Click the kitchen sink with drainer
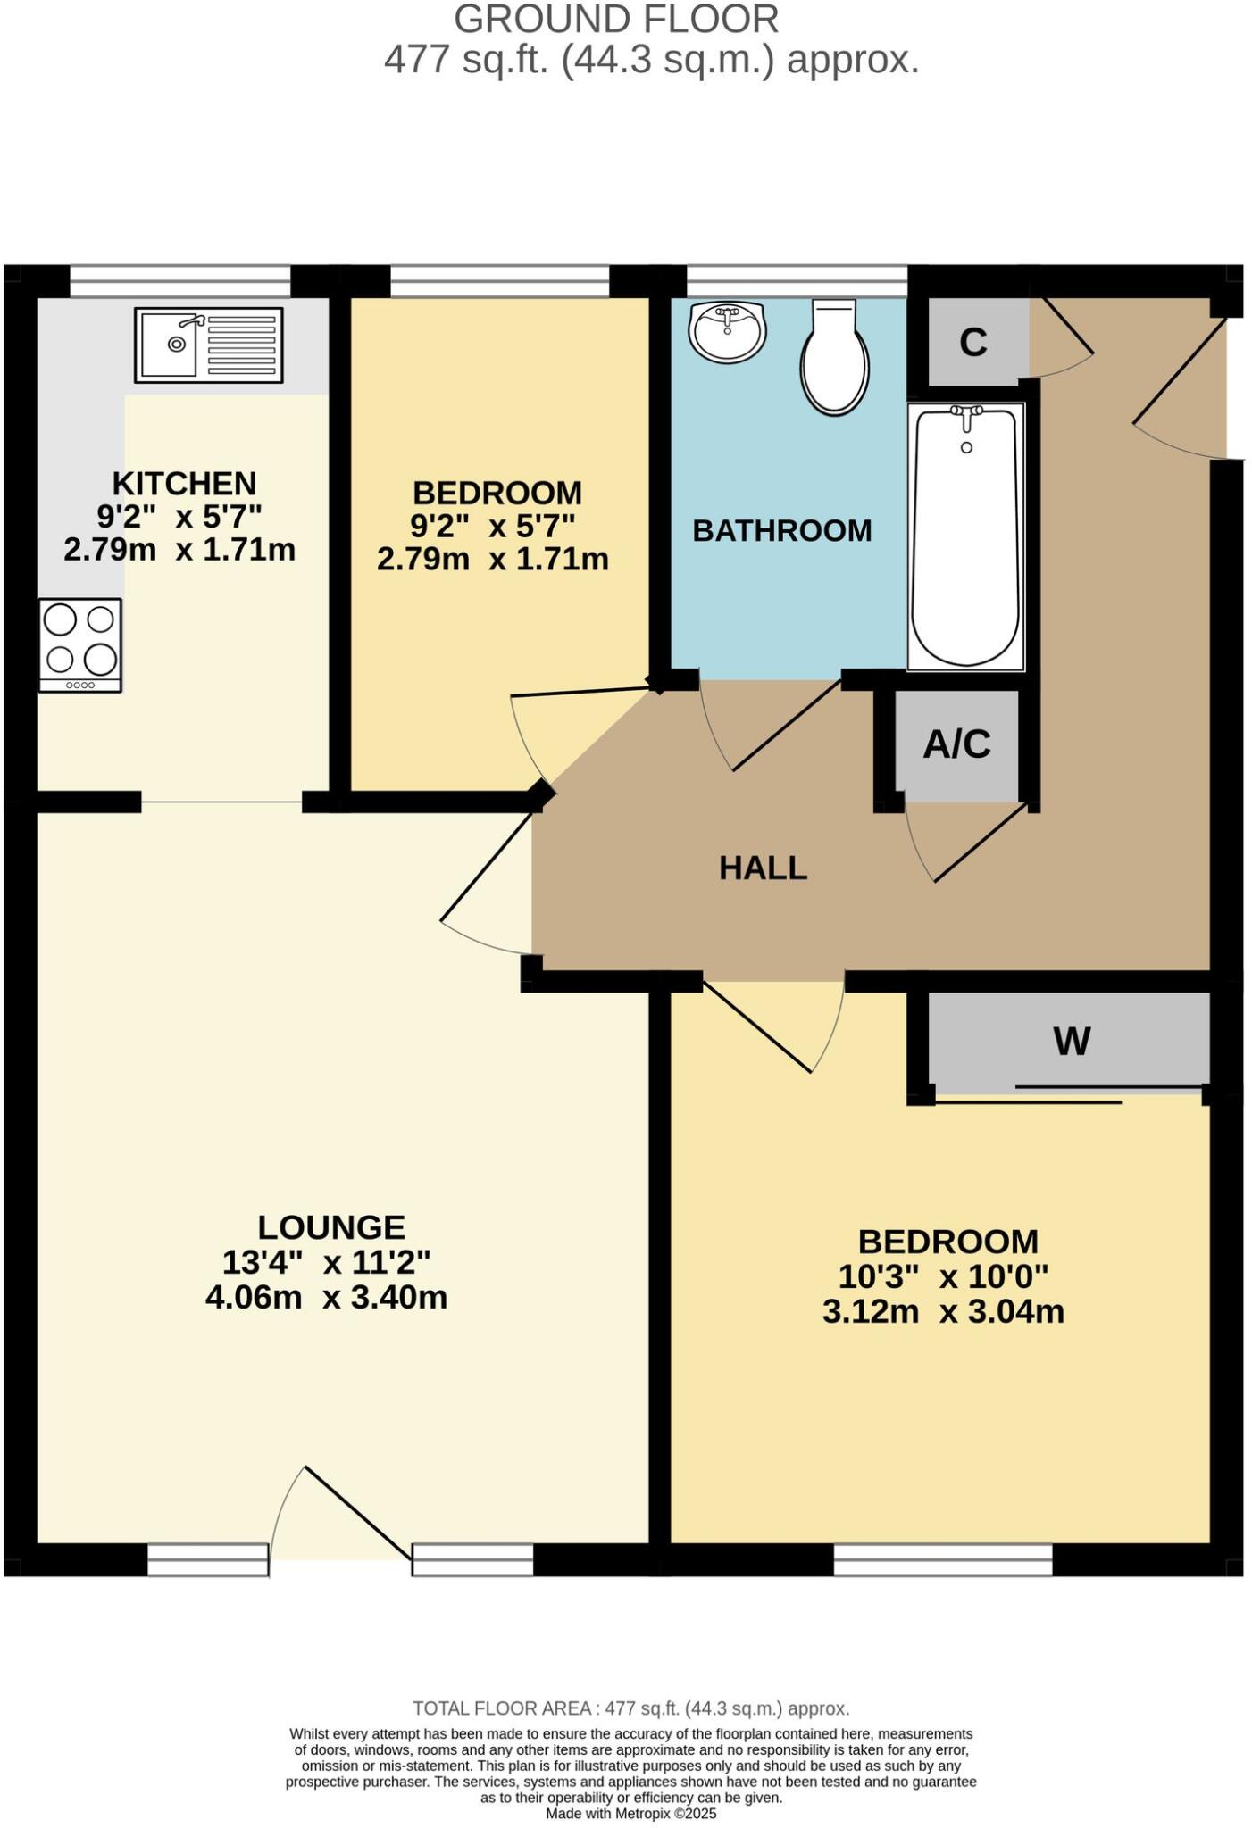click(208, 345)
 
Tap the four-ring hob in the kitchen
click(79, 644)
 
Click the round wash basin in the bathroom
click(727, 331)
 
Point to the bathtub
click(965, 536)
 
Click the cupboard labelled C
click(972, 343)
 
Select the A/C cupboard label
click(956, 744)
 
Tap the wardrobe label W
click(1072, 1041)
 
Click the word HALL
click(763, 868)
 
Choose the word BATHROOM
click(781, 530)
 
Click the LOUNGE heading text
click(330, 1227)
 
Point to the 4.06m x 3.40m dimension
click(326, 1297)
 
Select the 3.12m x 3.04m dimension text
click(943, 1312)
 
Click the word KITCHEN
click(184, 483)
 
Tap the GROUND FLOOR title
click(616, 20)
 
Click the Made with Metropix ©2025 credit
click(630, 1814)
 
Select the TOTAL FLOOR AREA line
click(630, 1708)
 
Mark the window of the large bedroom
click(942, 1560)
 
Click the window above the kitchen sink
click(180, 280)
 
